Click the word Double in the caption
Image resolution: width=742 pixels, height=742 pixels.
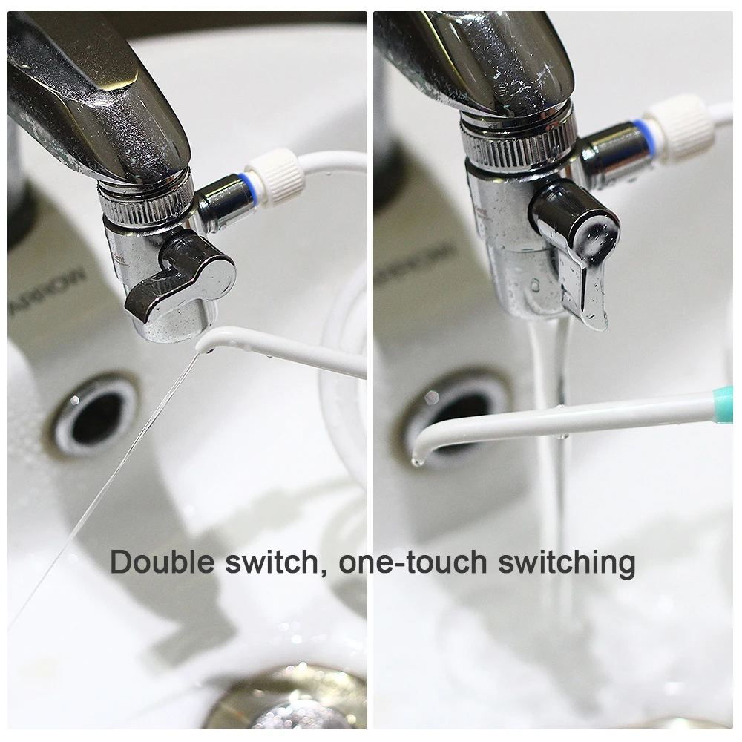[162, 563]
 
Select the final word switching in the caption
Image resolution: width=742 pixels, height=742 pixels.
[567, 563]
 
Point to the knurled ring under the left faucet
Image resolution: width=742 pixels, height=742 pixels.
[145, 203]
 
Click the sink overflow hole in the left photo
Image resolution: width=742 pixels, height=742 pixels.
[96, 412]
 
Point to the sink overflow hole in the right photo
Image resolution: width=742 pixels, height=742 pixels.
[453, 408]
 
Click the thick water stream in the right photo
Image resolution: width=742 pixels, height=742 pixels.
[553, 475]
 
